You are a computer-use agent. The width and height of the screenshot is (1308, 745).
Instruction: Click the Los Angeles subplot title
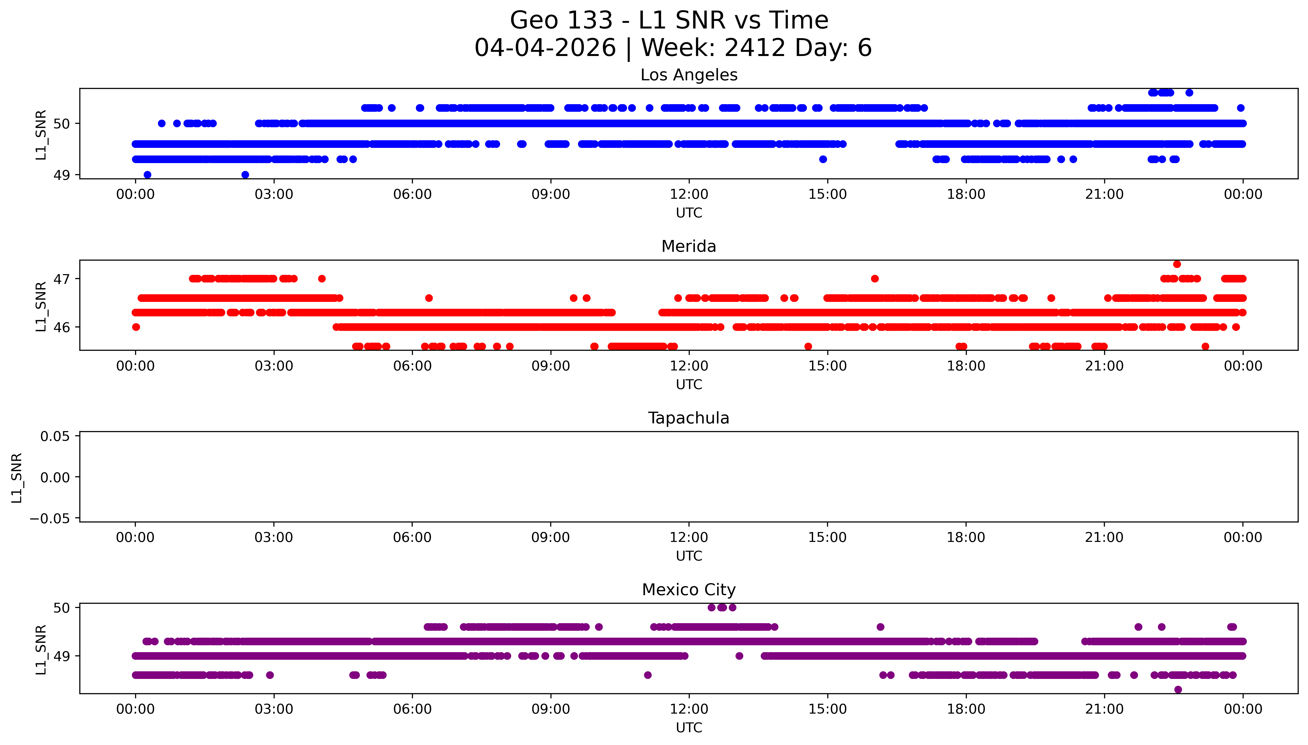pyautogui.click(x=689, y=75)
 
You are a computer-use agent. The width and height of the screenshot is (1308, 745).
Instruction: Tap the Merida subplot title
pyautogui.click(x=689, y=247)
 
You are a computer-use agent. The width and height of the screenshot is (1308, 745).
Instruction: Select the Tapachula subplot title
pyautogui.click(x=689, y=418)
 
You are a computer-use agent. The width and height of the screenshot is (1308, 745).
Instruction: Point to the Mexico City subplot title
pyautogui.click(x=689, y=590)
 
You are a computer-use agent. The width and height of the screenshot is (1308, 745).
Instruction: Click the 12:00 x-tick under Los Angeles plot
pyautogui.click(x=689, y=195)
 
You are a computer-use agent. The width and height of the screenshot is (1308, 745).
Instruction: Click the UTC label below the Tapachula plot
pyautogui.click(x=689, y=556)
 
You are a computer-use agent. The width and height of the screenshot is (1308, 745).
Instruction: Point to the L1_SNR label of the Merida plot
pyautogui.click(x=41, y=306)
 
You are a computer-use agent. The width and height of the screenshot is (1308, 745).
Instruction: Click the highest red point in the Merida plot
pyautogui.click(x=1177, y=264)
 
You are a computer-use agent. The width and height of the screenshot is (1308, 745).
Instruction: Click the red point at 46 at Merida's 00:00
pyautogui.click(x=136, y=327)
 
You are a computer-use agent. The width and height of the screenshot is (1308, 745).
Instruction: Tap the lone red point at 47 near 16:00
pyautogui.click(x=874, y=279)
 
